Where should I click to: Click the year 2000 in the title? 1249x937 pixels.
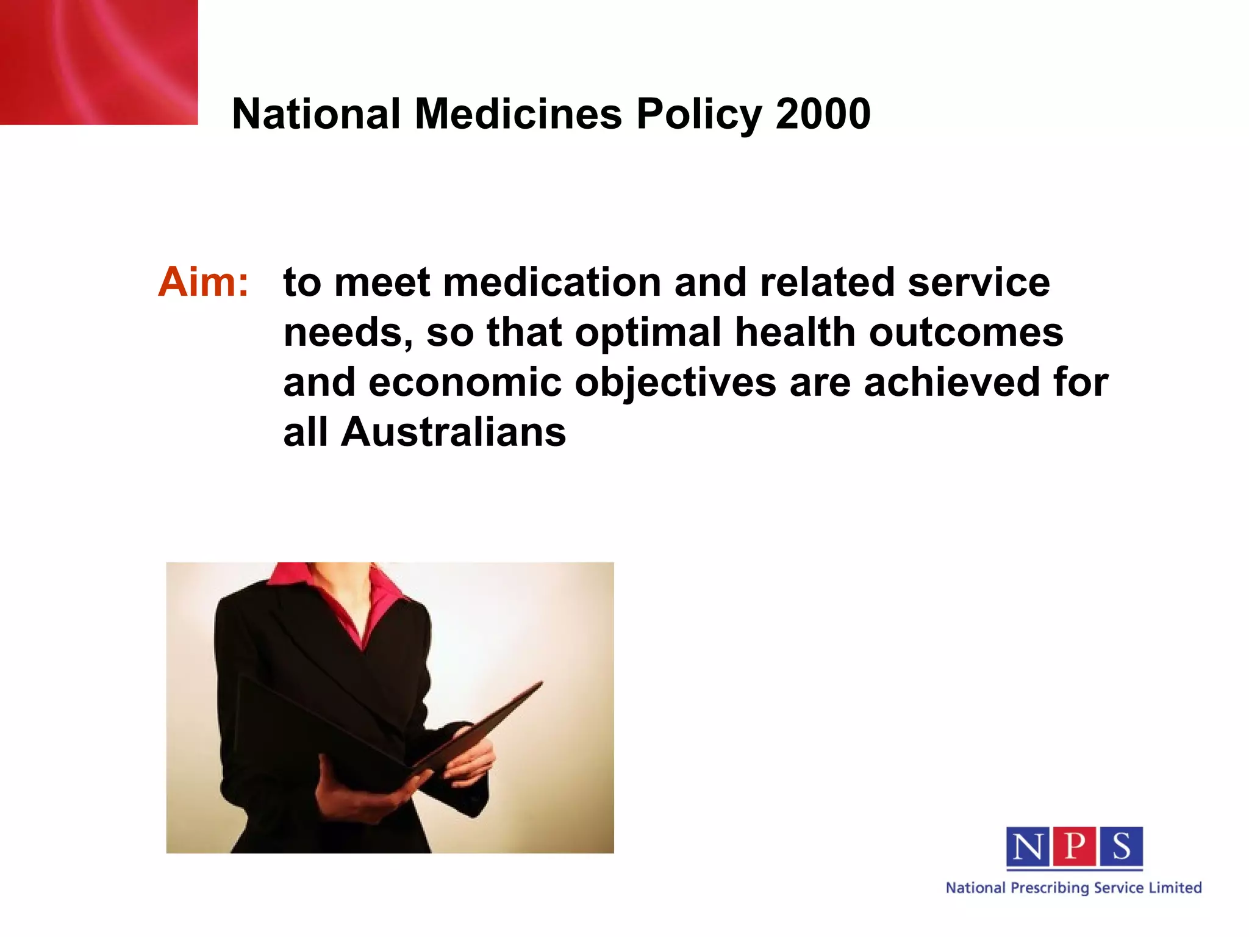coord(823,114)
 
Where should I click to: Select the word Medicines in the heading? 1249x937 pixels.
coord(518,114)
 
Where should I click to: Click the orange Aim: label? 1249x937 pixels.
coord(204,282)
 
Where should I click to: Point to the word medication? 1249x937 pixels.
coord(552,282)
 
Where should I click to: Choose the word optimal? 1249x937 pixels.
coord(648,332)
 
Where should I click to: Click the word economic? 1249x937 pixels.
coord(465,383)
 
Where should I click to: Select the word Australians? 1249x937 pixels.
coord(453,433)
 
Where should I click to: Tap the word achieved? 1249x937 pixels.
coord(951,382)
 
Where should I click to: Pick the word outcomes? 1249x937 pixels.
coord(966,333)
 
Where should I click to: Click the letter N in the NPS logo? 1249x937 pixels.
coord(1028,847)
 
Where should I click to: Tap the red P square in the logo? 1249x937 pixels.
coord(1074,847)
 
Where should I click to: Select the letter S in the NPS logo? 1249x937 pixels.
coord(1120,847)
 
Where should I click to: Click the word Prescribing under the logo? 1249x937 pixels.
coord(1050,888)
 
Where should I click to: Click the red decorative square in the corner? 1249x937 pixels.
coord(98,62)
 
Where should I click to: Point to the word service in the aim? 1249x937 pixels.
coord(978,282)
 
